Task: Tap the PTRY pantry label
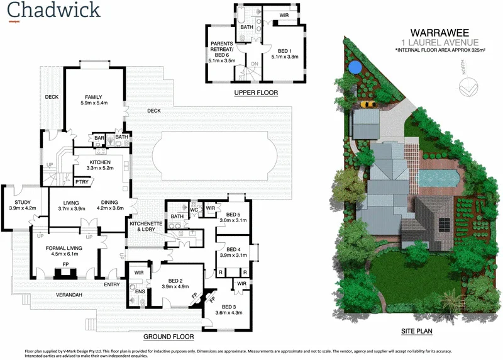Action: (81, 182)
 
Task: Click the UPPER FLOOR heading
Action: (255, 93)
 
